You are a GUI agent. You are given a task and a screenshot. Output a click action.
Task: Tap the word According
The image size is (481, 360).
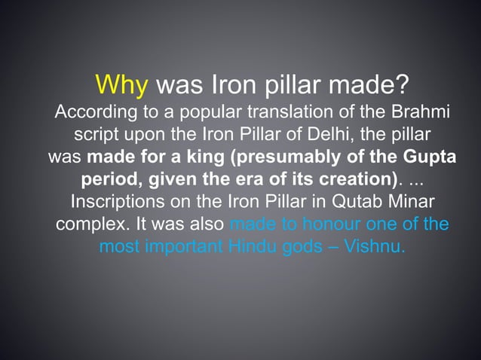point(92,114)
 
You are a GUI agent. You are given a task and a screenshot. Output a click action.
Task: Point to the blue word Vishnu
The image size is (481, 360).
point(375,246)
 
